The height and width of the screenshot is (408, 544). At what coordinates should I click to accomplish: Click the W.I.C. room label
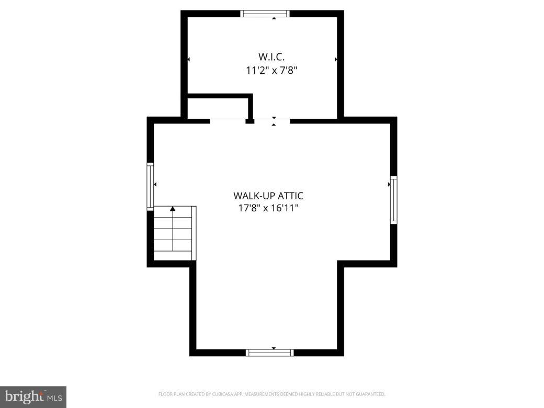[x=271, y=56]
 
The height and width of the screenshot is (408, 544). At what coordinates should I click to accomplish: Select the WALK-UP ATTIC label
[x=268, y=196]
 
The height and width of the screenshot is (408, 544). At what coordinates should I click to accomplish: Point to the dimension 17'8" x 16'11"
[x=268, y=208]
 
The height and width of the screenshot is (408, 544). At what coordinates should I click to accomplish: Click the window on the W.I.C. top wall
[x=265, y=14]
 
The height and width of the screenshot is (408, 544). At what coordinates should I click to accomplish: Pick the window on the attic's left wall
[x=150, y=185]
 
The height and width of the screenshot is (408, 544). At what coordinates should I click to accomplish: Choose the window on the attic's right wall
[x=393, y=200]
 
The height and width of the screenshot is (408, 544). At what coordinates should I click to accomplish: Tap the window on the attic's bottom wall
[x=269, y=353]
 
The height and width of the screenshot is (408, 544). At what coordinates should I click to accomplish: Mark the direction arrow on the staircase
[x=173, y=209]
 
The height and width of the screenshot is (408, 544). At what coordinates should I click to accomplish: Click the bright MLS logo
[x=33, y=396]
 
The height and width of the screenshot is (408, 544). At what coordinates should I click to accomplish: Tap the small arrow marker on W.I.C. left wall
[x=188, y=60]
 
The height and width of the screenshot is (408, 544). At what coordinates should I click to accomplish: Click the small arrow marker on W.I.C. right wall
[x=336, y=60]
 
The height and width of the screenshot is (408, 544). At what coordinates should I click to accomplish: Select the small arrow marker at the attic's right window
[x=389, y=184]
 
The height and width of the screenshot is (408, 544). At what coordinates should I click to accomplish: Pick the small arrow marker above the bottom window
[x=273, y=348]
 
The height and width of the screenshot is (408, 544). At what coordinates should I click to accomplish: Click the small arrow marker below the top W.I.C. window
[x=274, y=18]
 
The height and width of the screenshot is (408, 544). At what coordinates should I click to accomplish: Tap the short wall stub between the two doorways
[x=250, y=121]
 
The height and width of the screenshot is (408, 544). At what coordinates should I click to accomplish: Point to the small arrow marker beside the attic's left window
[x=155, y=184]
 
